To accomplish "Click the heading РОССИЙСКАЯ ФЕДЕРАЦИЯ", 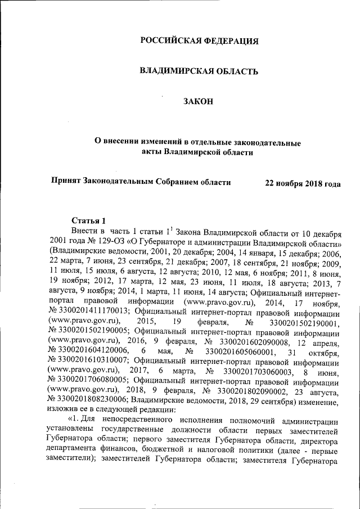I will [x=199, y=41].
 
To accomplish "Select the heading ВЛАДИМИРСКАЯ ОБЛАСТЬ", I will [x=199, y=71].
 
